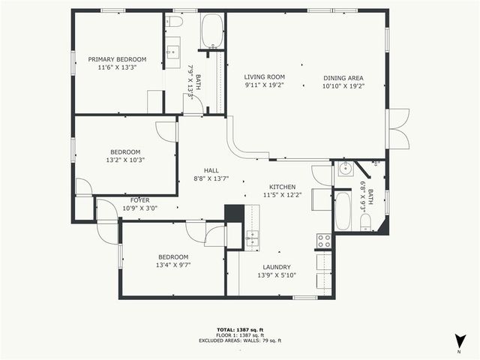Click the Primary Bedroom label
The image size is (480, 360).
click(x=117, y=59)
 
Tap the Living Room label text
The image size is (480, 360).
click(x=265, y=76)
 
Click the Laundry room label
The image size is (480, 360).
click(x=277, y=268)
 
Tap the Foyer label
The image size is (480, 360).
click(x=140, y=200)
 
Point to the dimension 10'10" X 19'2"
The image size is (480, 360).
click(x=343, y=85)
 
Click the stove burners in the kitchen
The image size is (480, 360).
click(x=324, y=241)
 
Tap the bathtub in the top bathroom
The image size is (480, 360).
click(x=212, y=31)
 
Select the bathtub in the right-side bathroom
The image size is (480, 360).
click(x=342, y=211)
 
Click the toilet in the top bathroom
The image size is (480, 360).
click(x=174, y=22)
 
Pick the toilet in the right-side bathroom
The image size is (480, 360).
click(x=367, y=222)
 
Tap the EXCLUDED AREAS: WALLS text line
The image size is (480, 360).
click(x=240, y=340)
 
